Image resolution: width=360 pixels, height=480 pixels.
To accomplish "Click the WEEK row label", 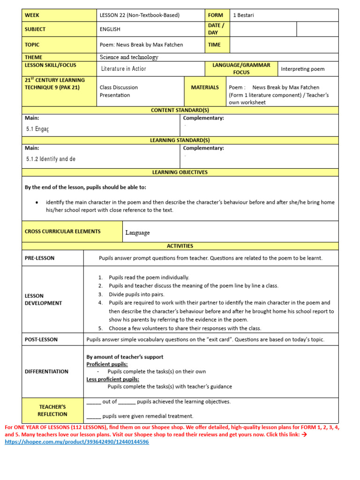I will point(32,15).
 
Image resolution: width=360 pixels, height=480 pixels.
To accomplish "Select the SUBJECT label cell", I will point(35,29).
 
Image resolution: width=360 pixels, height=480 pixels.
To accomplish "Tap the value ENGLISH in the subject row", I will point(110,29).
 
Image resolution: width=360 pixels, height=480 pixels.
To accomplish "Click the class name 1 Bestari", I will point(244,15).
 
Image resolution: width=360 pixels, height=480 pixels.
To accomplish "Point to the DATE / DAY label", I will point(216,29).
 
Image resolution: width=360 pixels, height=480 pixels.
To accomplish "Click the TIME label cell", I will point(214,45).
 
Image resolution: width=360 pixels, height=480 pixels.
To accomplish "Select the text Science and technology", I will point(129,57).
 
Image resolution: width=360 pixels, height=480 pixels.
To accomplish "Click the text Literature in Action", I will point(124,69).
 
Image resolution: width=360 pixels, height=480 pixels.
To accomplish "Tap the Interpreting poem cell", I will point(302,69).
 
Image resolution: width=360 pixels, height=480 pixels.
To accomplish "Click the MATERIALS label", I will point(205,87).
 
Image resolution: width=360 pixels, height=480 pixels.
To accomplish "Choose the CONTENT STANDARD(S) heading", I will point(180,110).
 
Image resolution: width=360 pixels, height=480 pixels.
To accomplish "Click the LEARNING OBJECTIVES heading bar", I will point(180,172).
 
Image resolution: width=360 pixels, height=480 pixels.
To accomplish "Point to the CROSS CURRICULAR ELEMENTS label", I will point(62,232).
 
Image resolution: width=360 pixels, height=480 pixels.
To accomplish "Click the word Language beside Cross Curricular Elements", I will point(137,232).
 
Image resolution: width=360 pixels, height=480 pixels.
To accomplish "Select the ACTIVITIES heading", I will point(180,246).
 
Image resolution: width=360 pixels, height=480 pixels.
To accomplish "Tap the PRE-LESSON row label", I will point(39,258).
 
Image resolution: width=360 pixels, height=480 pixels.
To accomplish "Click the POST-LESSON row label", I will point(41,339).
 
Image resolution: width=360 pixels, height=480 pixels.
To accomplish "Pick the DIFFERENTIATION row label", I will point(46,371).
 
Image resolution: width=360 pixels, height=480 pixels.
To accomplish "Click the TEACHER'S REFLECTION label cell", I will point(52,411).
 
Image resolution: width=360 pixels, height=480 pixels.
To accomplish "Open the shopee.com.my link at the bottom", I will point(77,442).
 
